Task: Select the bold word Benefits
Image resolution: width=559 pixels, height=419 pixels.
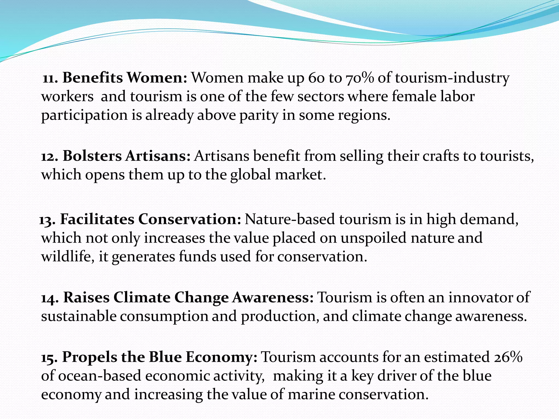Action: coord(93,78)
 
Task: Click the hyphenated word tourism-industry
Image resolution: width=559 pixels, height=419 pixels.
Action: coord(452,78)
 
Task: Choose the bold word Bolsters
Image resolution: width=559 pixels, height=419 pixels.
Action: coord(92,156)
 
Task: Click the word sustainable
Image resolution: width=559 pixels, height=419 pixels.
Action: coord(79,316)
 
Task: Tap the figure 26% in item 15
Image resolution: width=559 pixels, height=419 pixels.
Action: coord(508,357)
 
